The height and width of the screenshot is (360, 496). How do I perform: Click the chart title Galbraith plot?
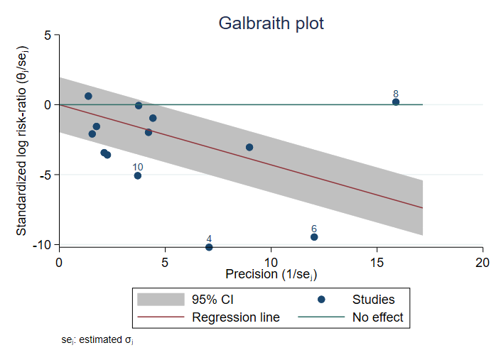(271, 23)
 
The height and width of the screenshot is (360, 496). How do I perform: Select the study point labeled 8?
(396, 102)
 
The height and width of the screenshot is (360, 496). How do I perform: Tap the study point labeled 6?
(314, 237)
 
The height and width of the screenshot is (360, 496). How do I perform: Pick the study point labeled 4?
(209, 247)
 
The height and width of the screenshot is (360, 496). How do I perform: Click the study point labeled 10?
(138, 175)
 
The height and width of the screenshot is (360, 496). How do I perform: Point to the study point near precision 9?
(249, 148)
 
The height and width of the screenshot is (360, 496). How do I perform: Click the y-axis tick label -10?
(43, 244)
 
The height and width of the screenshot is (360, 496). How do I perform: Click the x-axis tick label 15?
(377, 261)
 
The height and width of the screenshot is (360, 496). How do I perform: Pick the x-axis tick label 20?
(482, 261)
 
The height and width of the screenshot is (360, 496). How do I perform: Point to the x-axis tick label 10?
(271, 261)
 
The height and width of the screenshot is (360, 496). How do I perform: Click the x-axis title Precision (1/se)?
(271, 274)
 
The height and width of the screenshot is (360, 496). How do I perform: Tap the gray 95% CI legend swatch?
(156, 300)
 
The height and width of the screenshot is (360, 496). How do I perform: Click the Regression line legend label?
(236, 317)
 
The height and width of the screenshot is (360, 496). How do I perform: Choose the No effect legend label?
(377, 317)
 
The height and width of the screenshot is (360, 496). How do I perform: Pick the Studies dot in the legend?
(321, 300)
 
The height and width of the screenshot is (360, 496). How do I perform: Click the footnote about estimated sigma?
(97, 341)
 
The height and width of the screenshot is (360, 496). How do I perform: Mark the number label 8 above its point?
(396, 94)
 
